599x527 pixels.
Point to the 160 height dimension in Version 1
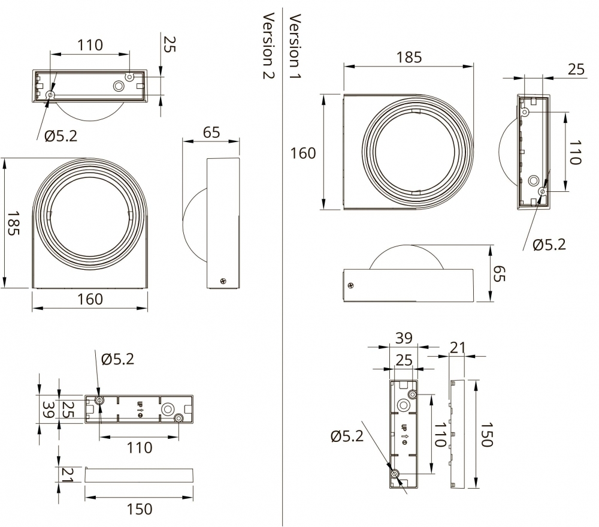pos(303,153)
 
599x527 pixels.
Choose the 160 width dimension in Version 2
pos(90,299)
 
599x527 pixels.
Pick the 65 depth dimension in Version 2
pos(211,132)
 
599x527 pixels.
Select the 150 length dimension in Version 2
pos(140,509)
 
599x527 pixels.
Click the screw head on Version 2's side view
pos(224,279)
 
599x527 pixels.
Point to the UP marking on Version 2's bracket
pos(140,410)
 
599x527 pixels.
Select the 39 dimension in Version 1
pos(404,338)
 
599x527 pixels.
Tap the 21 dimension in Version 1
pos(458,347)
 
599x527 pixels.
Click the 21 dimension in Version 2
pos(68,474)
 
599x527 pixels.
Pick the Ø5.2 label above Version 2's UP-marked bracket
pos(117,359)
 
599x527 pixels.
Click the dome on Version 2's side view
pos(195,222)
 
